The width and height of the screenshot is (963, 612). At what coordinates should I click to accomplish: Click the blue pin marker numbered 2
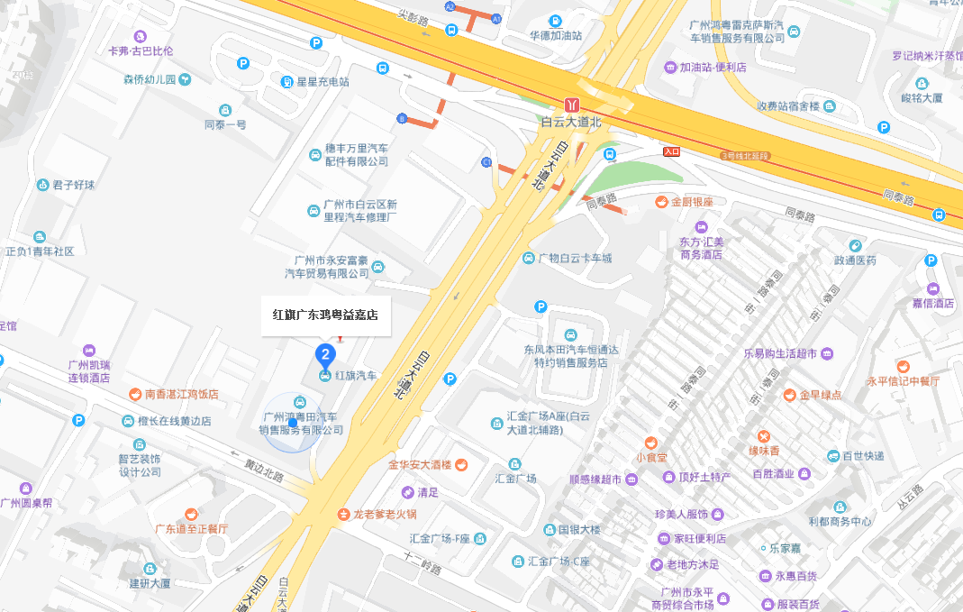[325, 354]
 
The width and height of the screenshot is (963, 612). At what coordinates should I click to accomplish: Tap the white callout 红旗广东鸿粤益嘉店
[326, 315]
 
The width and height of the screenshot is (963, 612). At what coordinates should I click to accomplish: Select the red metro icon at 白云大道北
[571, 104]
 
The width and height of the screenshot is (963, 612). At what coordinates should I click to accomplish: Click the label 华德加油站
[555, 36]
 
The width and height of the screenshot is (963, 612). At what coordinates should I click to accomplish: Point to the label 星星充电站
[323, 82]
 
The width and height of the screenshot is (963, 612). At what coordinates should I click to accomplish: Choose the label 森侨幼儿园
[150, 79]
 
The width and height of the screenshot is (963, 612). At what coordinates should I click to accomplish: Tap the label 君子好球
[73, 185]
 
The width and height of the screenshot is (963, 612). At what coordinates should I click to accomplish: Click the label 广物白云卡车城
[575, 259]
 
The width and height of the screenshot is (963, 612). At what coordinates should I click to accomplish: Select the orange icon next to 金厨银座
[662, 202]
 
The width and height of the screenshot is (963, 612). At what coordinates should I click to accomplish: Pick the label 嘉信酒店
[931, 304]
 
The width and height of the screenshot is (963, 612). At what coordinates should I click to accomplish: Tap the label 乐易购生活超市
[780, 353]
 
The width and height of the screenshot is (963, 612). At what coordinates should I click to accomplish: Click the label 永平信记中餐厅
[903, 381]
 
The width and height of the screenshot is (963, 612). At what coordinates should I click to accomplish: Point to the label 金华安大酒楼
[421, 465]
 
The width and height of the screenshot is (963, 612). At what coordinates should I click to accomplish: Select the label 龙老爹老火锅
[385, 515]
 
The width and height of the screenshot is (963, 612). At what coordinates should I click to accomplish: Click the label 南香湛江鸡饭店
[182, 394]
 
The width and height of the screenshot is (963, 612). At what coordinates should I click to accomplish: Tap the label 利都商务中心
[840, 521]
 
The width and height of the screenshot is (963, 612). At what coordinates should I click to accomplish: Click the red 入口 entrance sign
[671, 152]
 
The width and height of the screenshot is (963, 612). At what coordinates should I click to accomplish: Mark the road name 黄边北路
[264, 470]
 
